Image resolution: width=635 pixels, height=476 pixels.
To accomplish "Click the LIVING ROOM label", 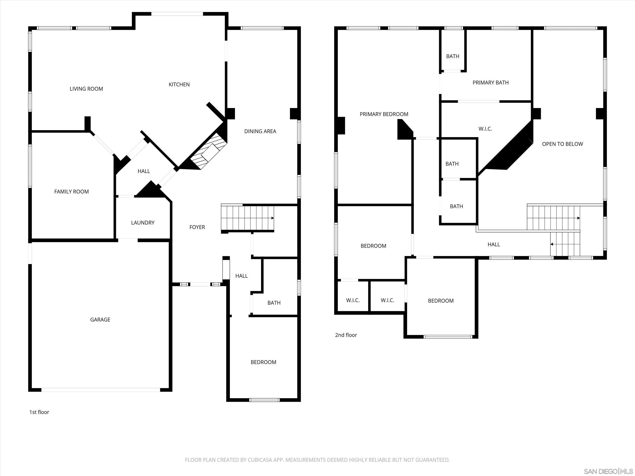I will coord(86,89).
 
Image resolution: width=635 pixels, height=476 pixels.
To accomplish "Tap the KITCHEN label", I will coord(179,85).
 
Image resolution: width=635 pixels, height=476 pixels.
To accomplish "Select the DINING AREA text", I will coord(260,131).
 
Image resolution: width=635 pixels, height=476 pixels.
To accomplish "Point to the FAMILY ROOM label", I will coord(72,192).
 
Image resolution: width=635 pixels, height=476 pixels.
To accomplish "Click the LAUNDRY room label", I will coord(143,223).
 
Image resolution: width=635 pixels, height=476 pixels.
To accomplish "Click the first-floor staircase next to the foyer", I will coord(247,218).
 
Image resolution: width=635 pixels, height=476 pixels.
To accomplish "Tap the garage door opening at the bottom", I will coord(101,390).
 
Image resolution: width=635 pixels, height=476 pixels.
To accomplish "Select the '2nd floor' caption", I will coord(346,335).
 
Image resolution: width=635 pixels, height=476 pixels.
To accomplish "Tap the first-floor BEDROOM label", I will coord(263,362).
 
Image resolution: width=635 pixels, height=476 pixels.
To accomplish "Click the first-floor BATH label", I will coord(274,303).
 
